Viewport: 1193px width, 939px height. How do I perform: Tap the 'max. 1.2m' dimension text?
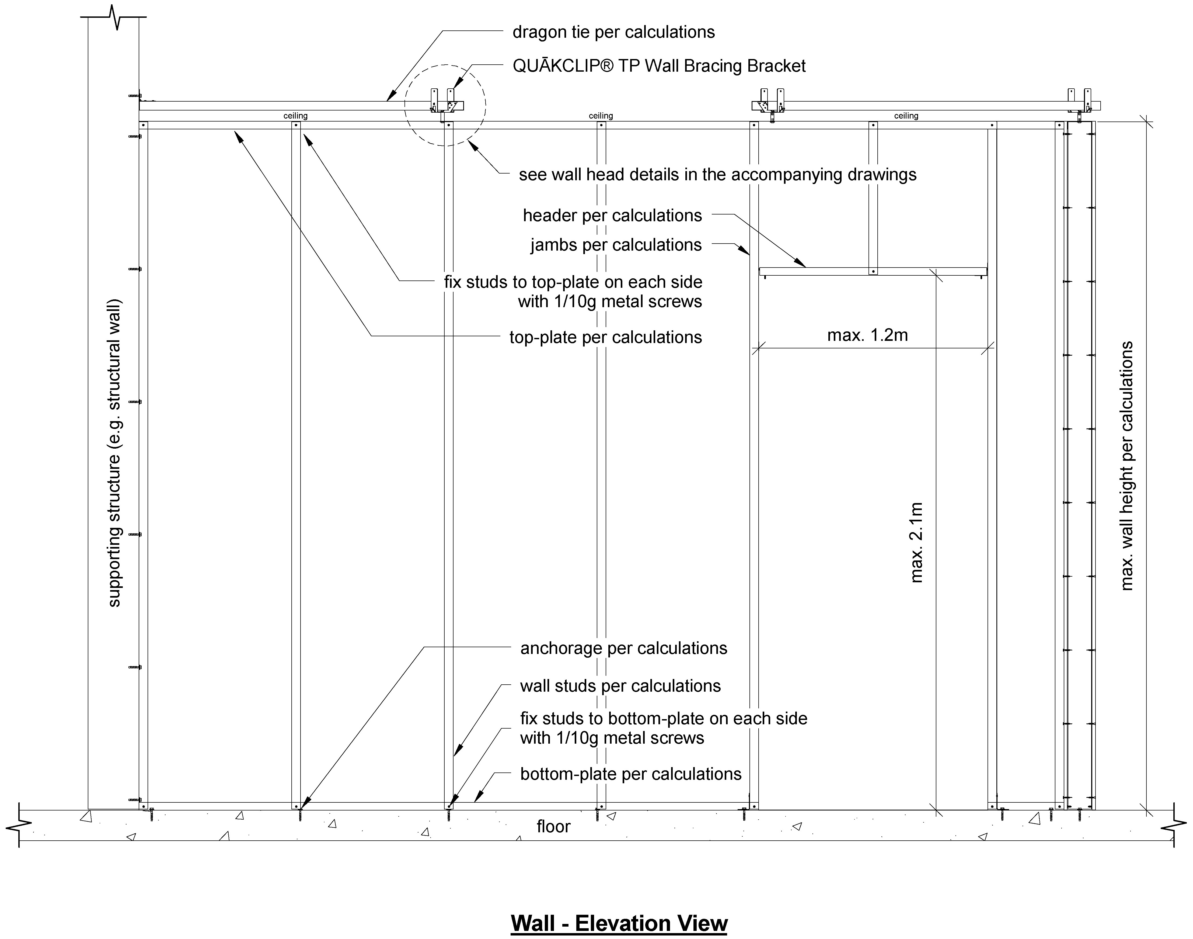(867, 335)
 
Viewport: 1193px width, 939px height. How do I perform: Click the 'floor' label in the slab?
(553, 826)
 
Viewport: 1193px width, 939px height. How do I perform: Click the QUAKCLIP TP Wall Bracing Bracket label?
(659, 65)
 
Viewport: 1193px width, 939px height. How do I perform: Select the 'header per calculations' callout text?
(612, 216)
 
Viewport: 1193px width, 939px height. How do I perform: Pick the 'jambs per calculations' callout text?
(616, 245)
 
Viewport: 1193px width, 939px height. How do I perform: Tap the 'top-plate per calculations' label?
(606, 337)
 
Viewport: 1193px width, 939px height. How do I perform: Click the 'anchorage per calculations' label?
(624, 648)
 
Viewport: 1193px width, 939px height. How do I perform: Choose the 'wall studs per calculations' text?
(620, 686)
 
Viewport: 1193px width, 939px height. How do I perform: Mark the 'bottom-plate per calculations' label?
(631, 774)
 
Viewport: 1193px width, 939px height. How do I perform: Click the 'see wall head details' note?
(718, 175)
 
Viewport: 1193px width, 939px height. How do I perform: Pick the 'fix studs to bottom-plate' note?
(664, 728)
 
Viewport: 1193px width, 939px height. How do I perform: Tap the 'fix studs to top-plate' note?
(573, 291)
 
